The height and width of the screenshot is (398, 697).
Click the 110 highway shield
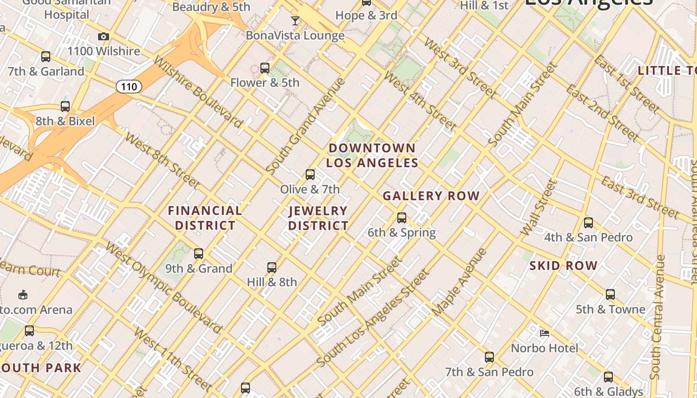pos(129,87)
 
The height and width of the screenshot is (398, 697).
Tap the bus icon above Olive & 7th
pos(310,175)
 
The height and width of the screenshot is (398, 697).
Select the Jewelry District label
pos(318,218)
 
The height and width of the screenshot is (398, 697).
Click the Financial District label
pos(205,218)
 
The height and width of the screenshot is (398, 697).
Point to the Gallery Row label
pos(431,196)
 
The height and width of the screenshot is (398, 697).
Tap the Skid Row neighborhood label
pos(563,266)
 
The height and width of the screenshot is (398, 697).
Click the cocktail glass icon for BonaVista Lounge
pos(295,21)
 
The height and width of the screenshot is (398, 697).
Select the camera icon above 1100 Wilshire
pos(104,37)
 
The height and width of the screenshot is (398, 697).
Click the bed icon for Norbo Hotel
pos(545,333)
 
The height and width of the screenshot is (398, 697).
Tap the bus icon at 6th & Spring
pos(402,218)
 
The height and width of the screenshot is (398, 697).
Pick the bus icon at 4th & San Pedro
pos(588,223)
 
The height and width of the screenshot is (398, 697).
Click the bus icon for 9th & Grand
pos(199,254)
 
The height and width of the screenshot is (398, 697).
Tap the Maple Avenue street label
pos(460,282)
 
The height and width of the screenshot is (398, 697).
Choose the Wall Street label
pos(538,208)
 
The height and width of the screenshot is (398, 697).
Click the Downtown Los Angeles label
pos(372,155)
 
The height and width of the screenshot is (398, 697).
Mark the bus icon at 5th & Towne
pos(610,295)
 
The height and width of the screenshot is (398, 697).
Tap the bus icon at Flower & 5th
pos(265,68)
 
